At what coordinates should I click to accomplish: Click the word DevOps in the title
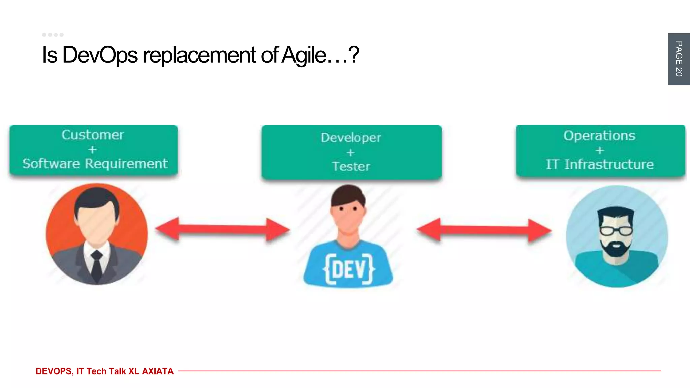click(x=100, y=55)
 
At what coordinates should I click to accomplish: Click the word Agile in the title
click(x=304, y=55)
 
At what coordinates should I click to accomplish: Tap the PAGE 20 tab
click(x=679, y=59)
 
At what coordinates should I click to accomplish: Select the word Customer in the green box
click(x=93, y=135)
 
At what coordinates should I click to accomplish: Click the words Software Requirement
click(x=95, y=164)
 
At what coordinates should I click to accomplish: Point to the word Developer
click(x=351, y=138)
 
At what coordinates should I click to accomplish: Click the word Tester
click(x=351, y=166)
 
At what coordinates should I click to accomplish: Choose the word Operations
click(x=599, y=136)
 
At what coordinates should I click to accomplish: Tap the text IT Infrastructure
click(x=600, y=164)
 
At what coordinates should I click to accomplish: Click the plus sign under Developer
click(x=350, y=153)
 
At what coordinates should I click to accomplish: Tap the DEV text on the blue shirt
click(x=348, y=269)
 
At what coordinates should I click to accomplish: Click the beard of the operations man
click(x=616, y=249)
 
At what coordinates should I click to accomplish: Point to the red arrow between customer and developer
click(x=222, y=230)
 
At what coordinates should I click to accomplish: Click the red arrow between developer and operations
click(x=484, y=230)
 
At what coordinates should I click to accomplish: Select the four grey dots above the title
click(x=53, y=35)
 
